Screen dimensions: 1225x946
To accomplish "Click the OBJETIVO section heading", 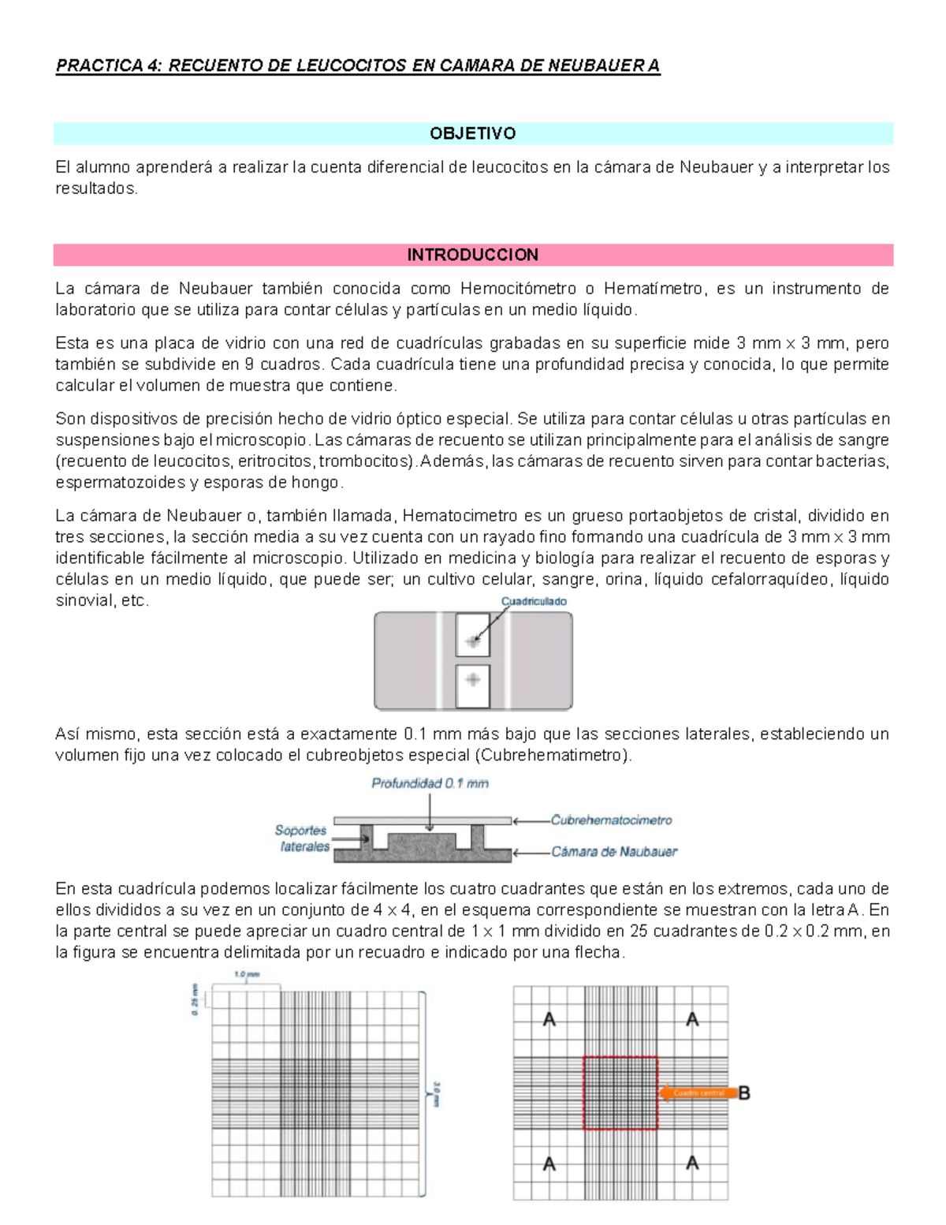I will (x=472, y=133).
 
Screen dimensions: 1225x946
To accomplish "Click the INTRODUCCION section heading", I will (x=472, y=255).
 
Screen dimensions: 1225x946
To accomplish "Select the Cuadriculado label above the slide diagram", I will (x=534, y=601).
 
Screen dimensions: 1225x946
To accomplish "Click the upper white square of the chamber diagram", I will (x=472, y=636).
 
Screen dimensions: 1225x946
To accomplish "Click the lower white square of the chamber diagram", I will (x=472, y=685).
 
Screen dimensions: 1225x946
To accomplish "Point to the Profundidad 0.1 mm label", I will (x=430, y=783).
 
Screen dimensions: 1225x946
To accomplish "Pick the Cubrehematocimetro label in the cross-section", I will (x=611, y=820).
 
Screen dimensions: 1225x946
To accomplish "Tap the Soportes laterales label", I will (x=303, y=838).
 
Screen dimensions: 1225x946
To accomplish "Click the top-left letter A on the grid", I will (x=549, y=1020).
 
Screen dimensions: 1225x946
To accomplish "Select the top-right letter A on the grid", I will (x=692, y=1020).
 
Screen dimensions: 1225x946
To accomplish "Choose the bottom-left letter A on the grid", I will (x=549, y=1163).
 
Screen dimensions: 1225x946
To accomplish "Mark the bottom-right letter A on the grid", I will (x=692, y=1163).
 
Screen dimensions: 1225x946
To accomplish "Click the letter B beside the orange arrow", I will (x=743, y=1093).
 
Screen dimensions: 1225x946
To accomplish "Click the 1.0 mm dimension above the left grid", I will (x=247, y=975).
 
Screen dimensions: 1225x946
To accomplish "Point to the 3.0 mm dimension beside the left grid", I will (x=436, y=1093).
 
